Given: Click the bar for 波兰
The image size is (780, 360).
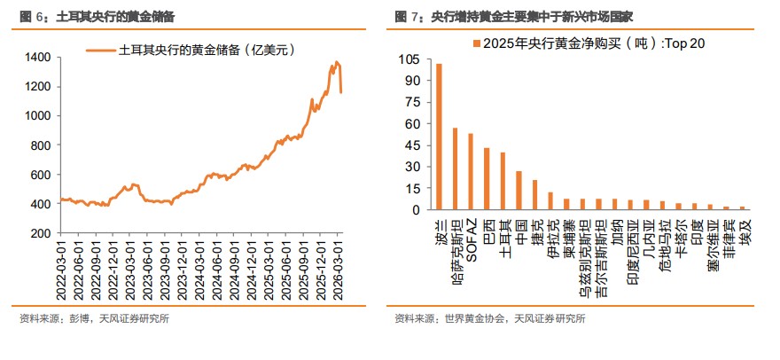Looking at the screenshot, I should click(440, 137).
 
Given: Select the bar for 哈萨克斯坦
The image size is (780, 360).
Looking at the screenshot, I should click(456, 169).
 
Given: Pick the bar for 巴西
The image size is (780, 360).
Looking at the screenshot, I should click(487, 179).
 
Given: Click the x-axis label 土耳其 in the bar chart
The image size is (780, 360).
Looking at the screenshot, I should click(503, 232).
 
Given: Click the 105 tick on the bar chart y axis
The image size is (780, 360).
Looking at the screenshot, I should click(409, 59).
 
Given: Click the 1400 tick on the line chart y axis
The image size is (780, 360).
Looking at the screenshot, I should click(36, 58).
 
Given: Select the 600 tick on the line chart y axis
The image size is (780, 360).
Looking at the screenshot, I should click(40, 175).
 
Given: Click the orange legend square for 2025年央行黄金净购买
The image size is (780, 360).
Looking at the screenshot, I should click(477, 42).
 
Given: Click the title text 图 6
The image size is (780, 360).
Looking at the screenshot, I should click(31, 16).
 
